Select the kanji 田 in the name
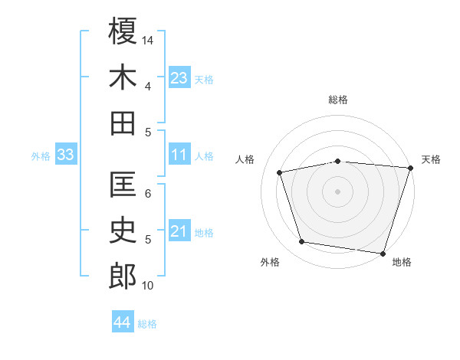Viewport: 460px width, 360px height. (x=123, y=123)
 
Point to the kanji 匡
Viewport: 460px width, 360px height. (x=123, y=185)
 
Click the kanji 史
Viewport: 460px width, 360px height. (x=123, y=231)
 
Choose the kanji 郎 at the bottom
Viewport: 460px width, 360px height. (x=123, y=277)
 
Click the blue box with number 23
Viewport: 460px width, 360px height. (x=179, y=77)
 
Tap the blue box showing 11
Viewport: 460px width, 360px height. (x=179, y=155)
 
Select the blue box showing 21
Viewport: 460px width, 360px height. (x=179, y=231)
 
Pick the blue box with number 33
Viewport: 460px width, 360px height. (x=65, y=155)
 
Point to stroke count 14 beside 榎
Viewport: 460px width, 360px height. (x=148, y=40)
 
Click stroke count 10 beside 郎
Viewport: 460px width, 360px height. (x=148, y=286)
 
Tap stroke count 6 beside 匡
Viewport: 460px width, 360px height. (x=148, y=194)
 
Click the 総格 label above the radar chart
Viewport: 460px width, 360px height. (x=338, y=100)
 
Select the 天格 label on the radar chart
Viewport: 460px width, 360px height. (x=432, y=159)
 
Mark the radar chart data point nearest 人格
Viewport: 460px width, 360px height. (x=280, y=172)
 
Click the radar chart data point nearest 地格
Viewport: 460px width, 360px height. (x=383, y=253)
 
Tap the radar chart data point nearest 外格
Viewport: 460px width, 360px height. (x=302, y=242)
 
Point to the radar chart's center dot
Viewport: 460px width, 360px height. (x=338, y=191)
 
